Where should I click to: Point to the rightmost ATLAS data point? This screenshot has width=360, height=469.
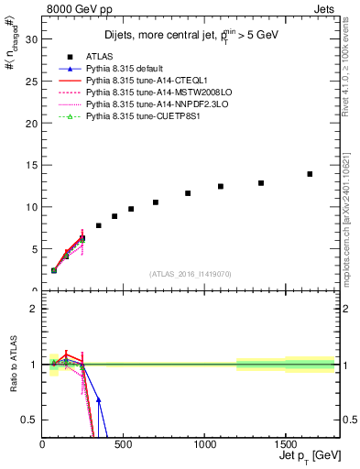click(310, 174)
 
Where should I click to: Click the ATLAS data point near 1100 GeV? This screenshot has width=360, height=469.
click(221, 186)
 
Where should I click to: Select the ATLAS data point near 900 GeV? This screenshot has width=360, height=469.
click(188, 193)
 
